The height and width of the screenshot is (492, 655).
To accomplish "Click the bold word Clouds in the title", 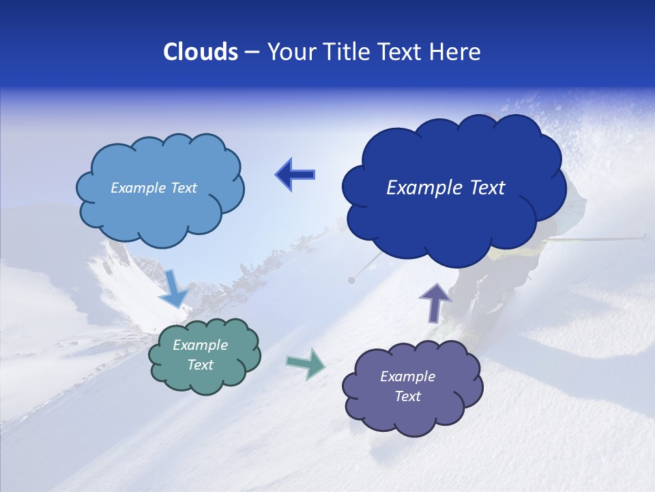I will [x=201, y=52].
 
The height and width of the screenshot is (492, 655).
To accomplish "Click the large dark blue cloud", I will [x=454, y=219].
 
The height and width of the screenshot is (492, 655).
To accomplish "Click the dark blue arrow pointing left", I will [x=295, y=175].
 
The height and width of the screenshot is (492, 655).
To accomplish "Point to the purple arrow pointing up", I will [x=435, y=301].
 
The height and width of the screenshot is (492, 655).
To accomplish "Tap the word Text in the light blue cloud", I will [x=183, y=188].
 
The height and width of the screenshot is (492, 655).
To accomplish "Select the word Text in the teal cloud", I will [x=200, y=365].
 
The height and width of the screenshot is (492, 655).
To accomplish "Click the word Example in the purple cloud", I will [x=407, y=377].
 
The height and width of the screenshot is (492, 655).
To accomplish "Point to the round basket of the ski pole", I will [x=351, y=279].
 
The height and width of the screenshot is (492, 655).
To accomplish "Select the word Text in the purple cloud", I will [x=407, y=396].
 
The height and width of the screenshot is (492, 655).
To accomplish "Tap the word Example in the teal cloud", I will [x=200, y=345].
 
